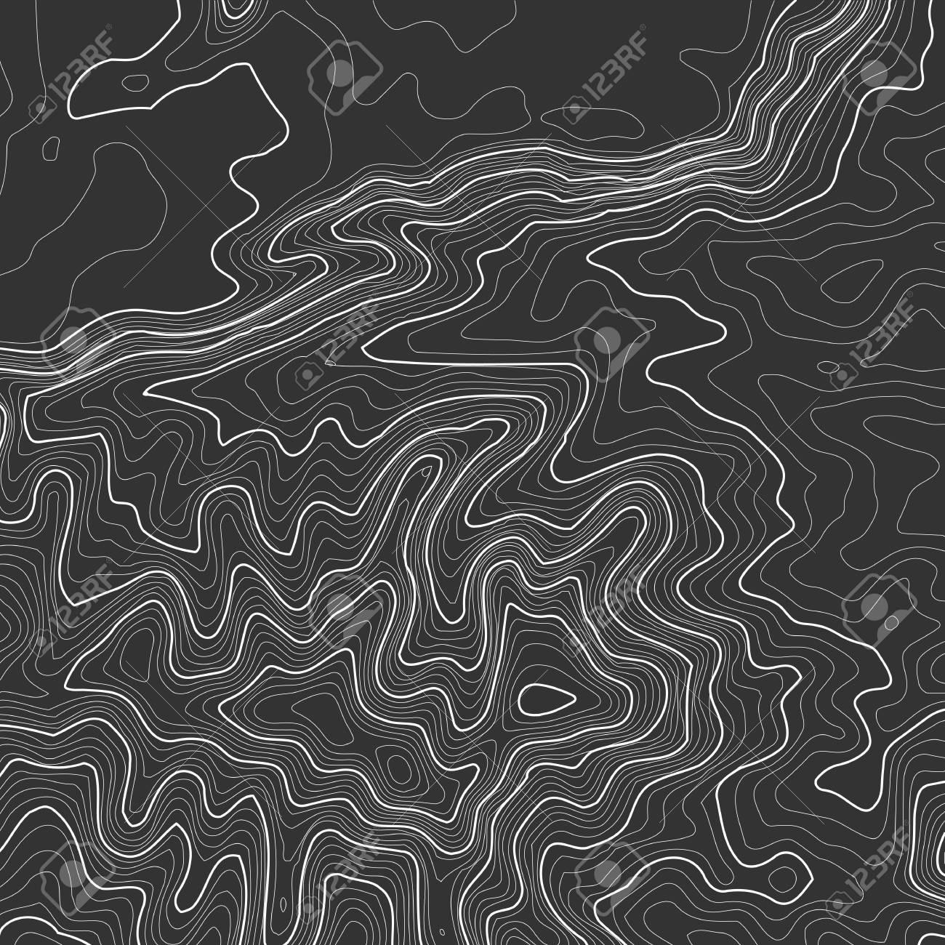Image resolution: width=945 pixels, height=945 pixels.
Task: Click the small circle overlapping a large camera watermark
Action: (x=891, y=623)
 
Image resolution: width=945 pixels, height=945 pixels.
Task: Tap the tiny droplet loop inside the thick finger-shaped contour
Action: (x=425, y=473)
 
